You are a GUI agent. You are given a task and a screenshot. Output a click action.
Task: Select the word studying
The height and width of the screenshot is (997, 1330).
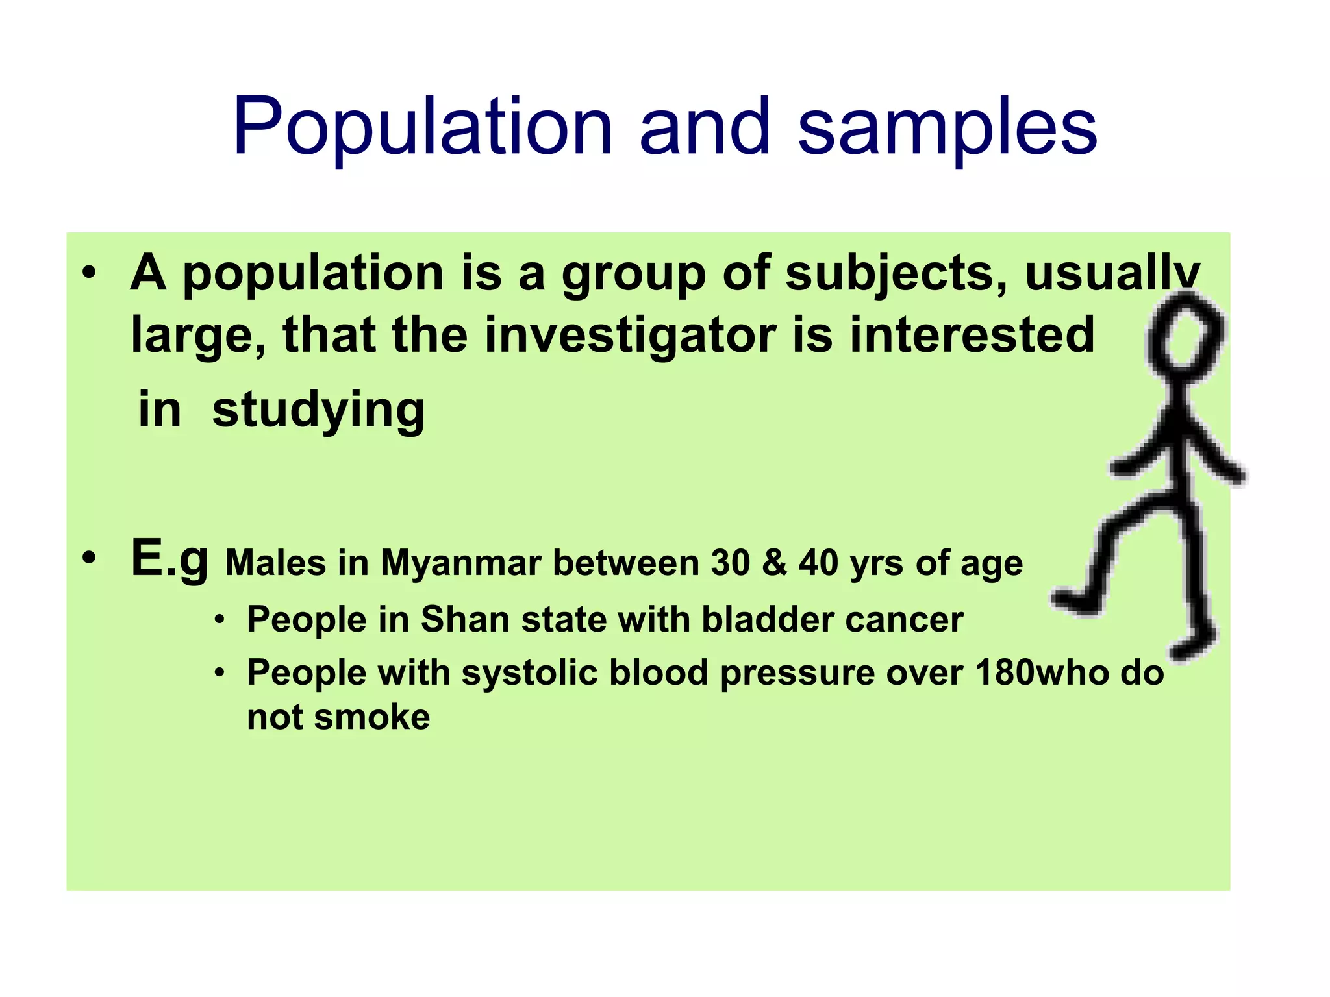(x=318, y=410)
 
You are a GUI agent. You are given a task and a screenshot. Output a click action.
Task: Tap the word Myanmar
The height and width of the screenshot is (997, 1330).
(x=460, y=563)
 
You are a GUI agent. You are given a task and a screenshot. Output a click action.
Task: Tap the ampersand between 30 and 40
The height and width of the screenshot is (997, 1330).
(x=775, y=563)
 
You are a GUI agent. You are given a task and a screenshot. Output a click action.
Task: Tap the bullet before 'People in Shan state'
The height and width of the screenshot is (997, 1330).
(x=220, y=621)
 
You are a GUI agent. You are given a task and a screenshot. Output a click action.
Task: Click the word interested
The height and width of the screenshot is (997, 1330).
(x=972, y=335)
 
